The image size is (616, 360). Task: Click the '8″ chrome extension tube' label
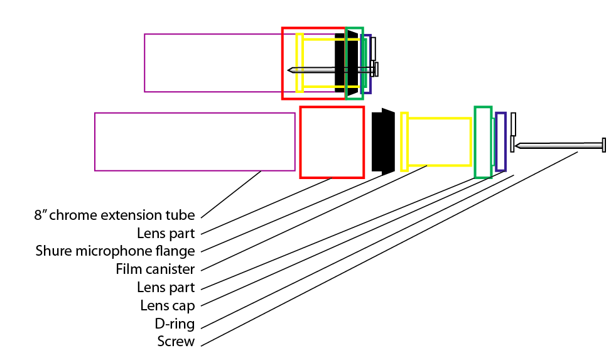[x=114, y=215]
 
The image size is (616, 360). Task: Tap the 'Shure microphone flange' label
[x=114, y=251]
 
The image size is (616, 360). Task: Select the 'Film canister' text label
[x=155, y=270]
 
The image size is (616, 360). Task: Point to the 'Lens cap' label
[x=167, y=306]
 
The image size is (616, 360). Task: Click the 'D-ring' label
[x=176, y=324]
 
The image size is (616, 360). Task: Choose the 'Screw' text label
[x=176, y=342]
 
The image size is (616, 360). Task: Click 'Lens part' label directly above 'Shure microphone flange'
[x=166, y=233]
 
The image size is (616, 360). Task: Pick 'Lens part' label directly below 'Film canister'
[x=166, y=288]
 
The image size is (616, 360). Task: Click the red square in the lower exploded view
[x=332, y=142]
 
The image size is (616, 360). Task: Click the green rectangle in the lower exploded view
[x=482, y=142]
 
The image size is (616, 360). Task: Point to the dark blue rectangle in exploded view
[x=500, y=141]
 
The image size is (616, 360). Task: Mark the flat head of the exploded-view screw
[x=604, y=145]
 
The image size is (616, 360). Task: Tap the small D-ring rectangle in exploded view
[x=513, y=124]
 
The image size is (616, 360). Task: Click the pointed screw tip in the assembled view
[x=290, y=70]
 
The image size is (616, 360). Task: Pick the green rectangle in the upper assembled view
[x=354, y=63]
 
